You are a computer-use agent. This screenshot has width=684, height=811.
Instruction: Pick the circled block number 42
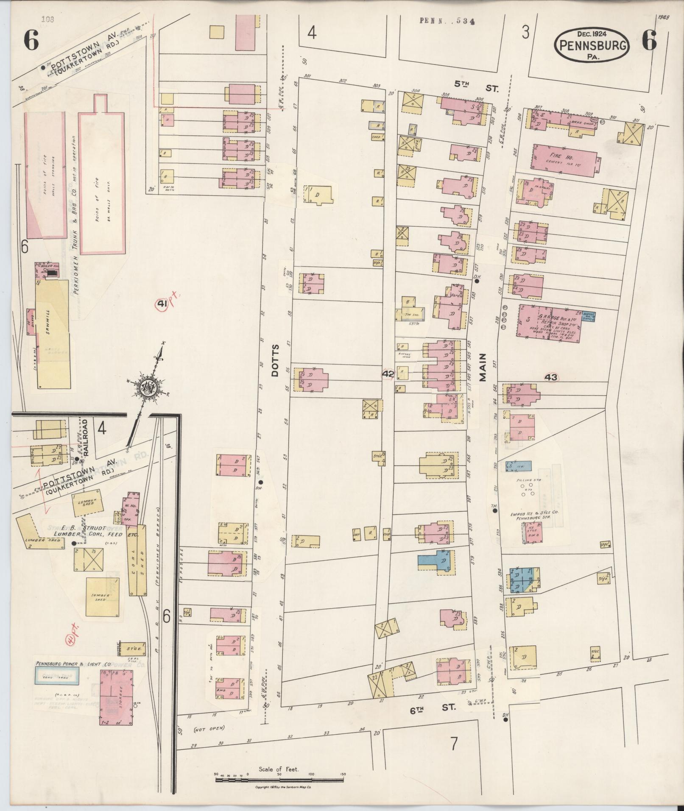point(388,374)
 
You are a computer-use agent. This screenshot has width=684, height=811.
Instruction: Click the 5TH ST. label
point(476,85)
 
